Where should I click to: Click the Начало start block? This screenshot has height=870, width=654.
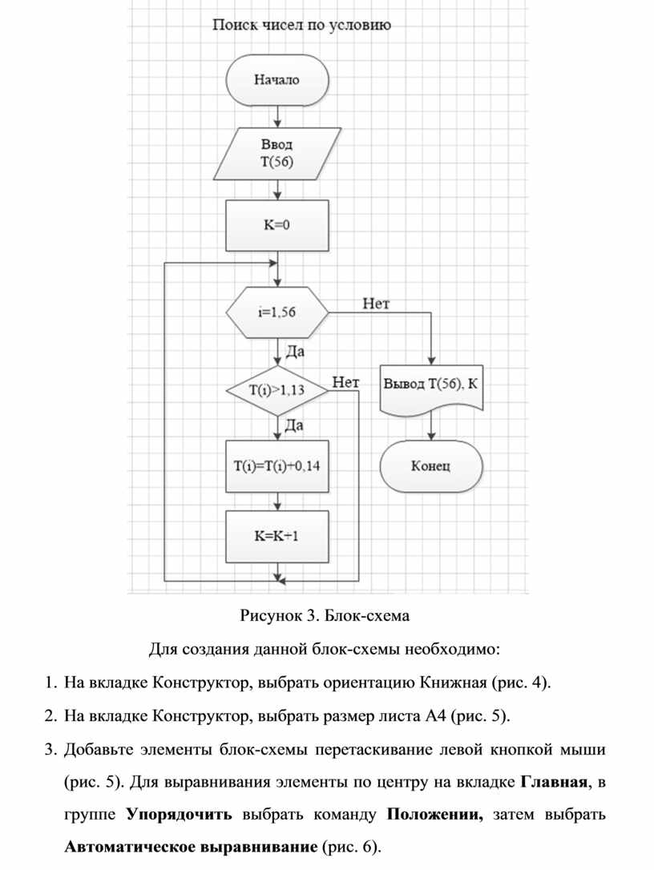[x=277, y=80]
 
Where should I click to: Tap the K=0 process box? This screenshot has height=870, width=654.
[x=277, y=225]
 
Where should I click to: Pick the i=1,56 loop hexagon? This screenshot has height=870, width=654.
[x=277, y=313]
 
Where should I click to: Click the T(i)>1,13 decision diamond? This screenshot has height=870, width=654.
[x=277, y=391]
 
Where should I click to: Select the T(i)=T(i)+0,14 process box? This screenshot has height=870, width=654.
[x=277, y=465]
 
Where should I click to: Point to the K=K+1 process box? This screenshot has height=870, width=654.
[x=277, y=536]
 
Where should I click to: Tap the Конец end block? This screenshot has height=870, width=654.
[x=431, y=465]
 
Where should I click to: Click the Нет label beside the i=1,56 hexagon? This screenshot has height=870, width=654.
[x=377, y=304]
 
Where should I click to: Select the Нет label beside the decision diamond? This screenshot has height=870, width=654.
[x=345, y=382]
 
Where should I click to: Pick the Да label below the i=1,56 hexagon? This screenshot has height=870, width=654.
[x=295, y=352]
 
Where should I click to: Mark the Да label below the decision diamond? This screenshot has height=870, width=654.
[x=295, y=427]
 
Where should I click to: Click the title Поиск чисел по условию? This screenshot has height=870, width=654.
[x=301, y=26]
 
